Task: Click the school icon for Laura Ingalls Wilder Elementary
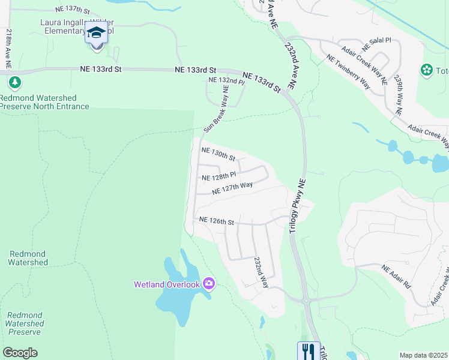(x=96, y=33)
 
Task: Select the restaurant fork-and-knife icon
(x=309, y=350)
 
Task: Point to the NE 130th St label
(x=218, y=154)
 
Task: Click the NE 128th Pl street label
(x=219, y=177)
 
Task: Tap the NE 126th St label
(x=216, y=221)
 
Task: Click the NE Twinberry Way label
(x=348, y=71)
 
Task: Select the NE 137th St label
(x=71, y=10)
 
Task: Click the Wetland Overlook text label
(x=166, y=284)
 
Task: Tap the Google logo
(x=20, y=353)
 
